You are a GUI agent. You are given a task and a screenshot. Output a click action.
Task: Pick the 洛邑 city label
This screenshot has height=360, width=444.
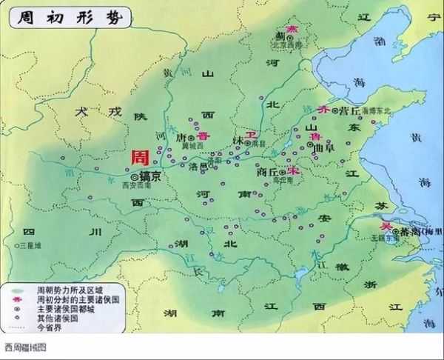(x=198, y=167)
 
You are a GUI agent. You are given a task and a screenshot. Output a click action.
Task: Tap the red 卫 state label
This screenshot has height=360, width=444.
(x=252, y=136)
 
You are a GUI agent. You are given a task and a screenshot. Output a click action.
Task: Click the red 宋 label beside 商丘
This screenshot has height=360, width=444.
(x=294, y=170)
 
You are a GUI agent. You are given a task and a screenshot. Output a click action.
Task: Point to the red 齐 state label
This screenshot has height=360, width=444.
(x=322, y=110)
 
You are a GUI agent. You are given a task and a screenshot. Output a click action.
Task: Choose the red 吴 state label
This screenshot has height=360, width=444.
(x=384, y=225)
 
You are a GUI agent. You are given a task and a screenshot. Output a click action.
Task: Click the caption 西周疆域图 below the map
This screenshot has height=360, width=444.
(x=26, y=347)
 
